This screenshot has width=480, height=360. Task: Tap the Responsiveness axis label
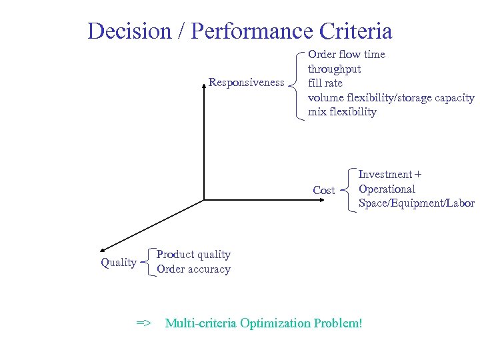[x=246, y=83]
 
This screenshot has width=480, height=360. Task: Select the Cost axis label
[x=324, y=191]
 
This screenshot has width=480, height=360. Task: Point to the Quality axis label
[x=119, y=263]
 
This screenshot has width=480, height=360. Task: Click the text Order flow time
[x=346, y=54]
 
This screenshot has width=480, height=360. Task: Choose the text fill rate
[x=325, y=83]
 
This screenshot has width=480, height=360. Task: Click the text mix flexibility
[x=342, y=111]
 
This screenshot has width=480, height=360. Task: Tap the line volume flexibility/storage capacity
[x=391, y=97]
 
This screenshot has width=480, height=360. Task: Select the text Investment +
[x=389, y=175]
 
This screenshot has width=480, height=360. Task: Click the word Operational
[x=387, y=189]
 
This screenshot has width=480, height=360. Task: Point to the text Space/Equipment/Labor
[x=416, y=203]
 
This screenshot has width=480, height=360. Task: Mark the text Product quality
[x=193, y=255]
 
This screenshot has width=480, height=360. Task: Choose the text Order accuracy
[x=193, y=269]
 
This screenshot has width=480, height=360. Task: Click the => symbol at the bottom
[x=144, y=323]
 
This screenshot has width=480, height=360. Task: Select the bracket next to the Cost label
[x=349, y=189]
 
